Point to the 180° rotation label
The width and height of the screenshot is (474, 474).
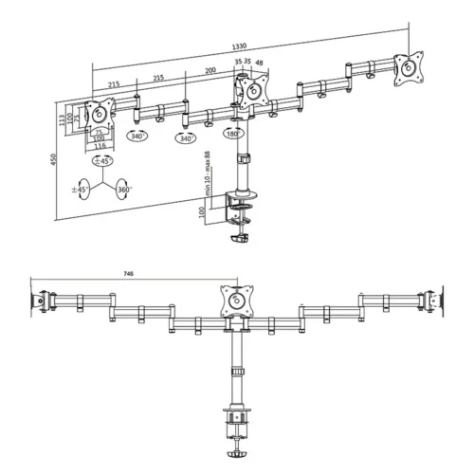(231, 135)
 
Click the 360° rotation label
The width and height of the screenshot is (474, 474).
(122, 190)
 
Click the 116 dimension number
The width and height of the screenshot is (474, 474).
(99, 146)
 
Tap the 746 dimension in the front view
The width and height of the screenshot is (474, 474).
(127, 276)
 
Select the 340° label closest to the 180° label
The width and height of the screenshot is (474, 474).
(186, 138)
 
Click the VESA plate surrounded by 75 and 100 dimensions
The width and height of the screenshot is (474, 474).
(98, 115)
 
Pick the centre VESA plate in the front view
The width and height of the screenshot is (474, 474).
(237, 300)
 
